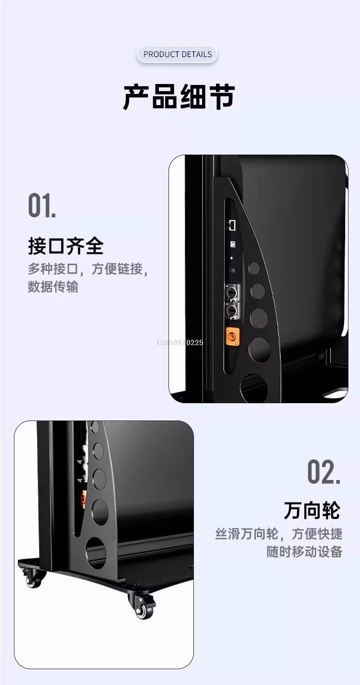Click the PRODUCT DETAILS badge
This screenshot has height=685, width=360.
pos(177,54)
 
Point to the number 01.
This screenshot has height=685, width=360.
pos(42,205)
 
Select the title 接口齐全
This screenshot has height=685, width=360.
pos(66,246)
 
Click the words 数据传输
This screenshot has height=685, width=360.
pos(53,287)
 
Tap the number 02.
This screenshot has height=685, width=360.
pos(324,472)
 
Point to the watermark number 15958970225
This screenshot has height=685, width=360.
pos(180,343)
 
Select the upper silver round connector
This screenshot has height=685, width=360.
pos(231,293)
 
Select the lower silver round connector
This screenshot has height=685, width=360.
pos(231,311)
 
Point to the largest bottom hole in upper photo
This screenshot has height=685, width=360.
pos(254,388)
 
